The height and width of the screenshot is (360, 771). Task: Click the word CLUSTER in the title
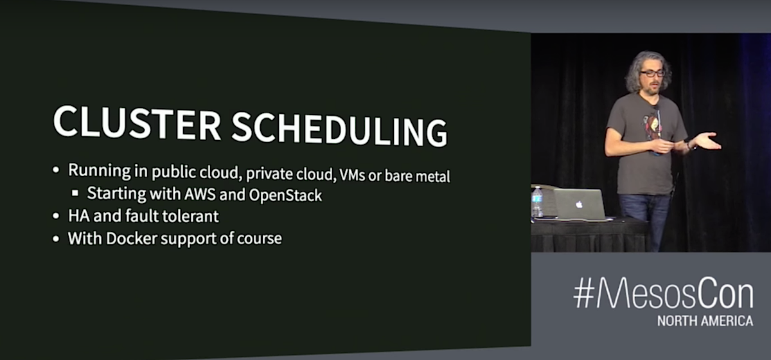point(137,122)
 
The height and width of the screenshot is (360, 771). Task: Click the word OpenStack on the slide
point(285,195)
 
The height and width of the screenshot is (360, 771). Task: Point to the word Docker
point(132,238)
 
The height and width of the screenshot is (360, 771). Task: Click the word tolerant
point(190,216)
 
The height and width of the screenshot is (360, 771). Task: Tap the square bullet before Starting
point(75,193)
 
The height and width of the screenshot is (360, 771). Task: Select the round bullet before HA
point(56,216)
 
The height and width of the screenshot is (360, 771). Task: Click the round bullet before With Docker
point(56,239)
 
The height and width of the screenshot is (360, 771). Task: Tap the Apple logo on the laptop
point(580,204)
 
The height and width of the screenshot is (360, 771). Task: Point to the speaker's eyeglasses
point(652,73)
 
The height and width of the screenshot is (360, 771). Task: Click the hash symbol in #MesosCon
point(584,293)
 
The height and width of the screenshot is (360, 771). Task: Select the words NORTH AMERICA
point(705,321)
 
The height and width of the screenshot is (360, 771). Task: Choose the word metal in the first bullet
point(432,176)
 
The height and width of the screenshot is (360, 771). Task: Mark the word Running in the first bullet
point(100,170)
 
